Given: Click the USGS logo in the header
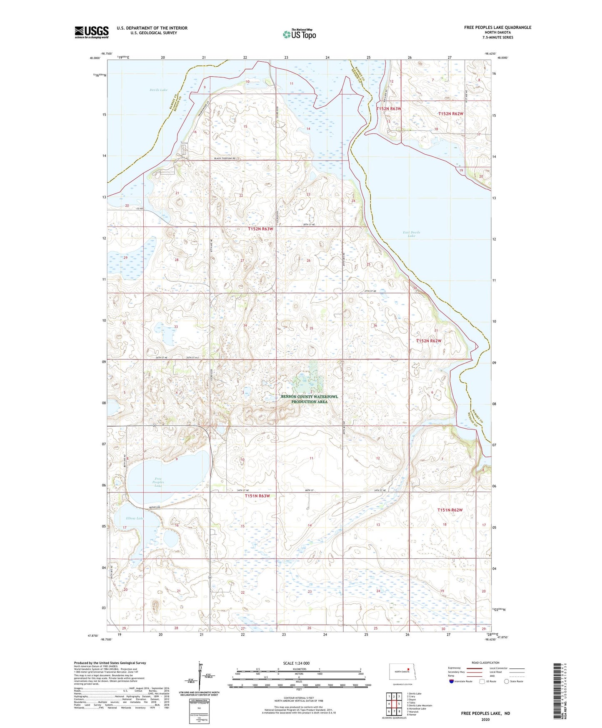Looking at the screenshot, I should click(92, 32).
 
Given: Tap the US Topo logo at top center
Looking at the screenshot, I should click(299, 34).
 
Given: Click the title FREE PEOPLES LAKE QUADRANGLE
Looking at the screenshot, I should click(497, 28).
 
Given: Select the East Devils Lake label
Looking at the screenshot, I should click(411, 234).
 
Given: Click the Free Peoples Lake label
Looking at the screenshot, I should click(158, 482).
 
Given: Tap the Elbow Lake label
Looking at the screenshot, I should click(134, 518).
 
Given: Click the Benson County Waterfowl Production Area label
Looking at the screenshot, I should click(309, 399).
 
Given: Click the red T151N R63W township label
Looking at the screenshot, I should click(257, 496).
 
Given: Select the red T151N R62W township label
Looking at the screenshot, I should click(450, 510).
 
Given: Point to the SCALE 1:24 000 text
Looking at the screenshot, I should click(296, 663).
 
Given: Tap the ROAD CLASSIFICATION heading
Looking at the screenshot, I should click(485, 663).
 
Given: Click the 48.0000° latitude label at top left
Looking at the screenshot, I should click(95, 58).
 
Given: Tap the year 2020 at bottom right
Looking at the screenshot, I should click(485, 719).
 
